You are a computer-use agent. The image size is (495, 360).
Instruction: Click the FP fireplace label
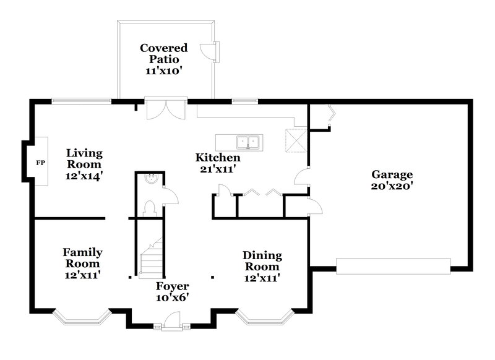(41, 163)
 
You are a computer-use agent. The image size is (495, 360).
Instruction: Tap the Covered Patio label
(163, 54)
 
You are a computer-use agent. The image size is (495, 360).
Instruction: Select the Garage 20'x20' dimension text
(392, 186)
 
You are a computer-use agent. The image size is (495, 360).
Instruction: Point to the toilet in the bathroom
(149, 208)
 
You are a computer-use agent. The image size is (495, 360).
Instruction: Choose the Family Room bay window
(82, 317)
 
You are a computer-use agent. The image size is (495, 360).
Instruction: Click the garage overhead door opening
(393, 266)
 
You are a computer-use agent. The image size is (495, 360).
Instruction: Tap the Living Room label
(84, 158)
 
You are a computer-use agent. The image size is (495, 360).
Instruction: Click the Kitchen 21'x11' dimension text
(214, 169)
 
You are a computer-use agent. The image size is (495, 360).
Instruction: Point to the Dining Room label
(262, 260)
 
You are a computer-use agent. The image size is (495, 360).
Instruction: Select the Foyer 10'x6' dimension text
(172, 297)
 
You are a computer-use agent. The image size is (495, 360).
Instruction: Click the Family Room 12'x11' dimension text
(82, 273)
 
